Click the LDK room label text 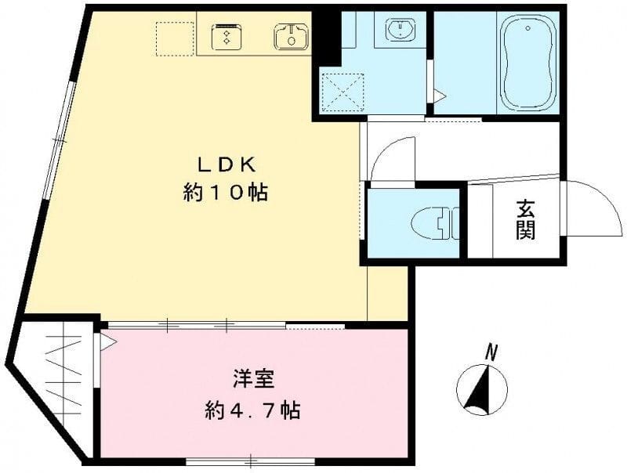tap(226, 164)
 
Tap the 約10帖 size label tap(226, 192)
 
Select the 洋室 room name tap(253, 380)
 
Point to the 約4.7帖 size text tap(253, 410)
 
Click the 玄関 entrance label tap(526, 218)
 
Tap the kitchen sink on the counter tap(291, 35)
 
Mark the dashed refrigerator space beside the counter tap(173, 37)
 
